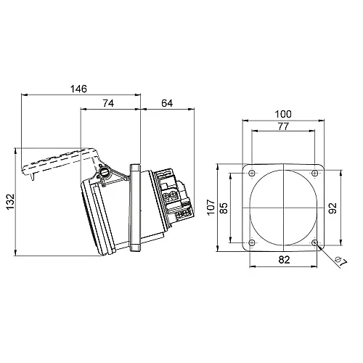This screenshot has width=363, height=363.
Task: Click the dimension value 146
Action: coord(78,89)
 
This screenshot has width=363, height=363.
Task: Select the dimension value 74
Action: coord(107,104)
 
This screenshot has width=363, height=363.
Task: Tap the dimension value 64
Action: coord(166,104)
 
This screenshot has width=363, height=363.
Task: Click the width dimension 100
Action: coord(282,113)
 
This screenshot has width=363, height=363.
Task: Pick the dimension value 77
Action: coord(282,126)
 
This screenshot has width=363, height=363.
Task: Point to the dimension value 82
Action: coord(282,258)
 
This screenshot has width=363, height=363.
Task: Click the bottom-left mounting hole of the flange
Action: coord(251,242)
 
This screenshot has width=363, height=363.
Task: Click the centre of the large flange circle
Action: coord(282,208)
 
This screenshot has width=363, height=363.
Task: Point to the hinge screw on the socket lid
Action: coord(103,173)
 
